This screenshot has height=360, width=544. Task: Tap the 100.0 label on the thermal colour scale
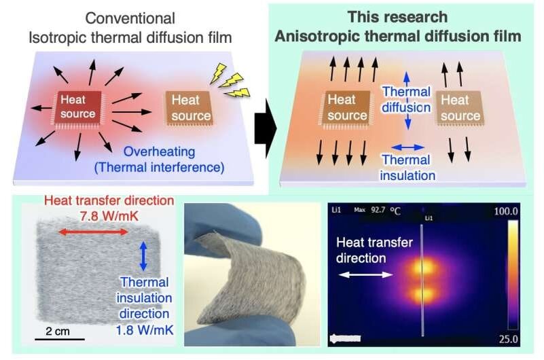[x=506, y=212]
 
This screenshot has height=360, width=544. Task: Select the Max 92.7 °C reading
[x=377, y=211]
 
